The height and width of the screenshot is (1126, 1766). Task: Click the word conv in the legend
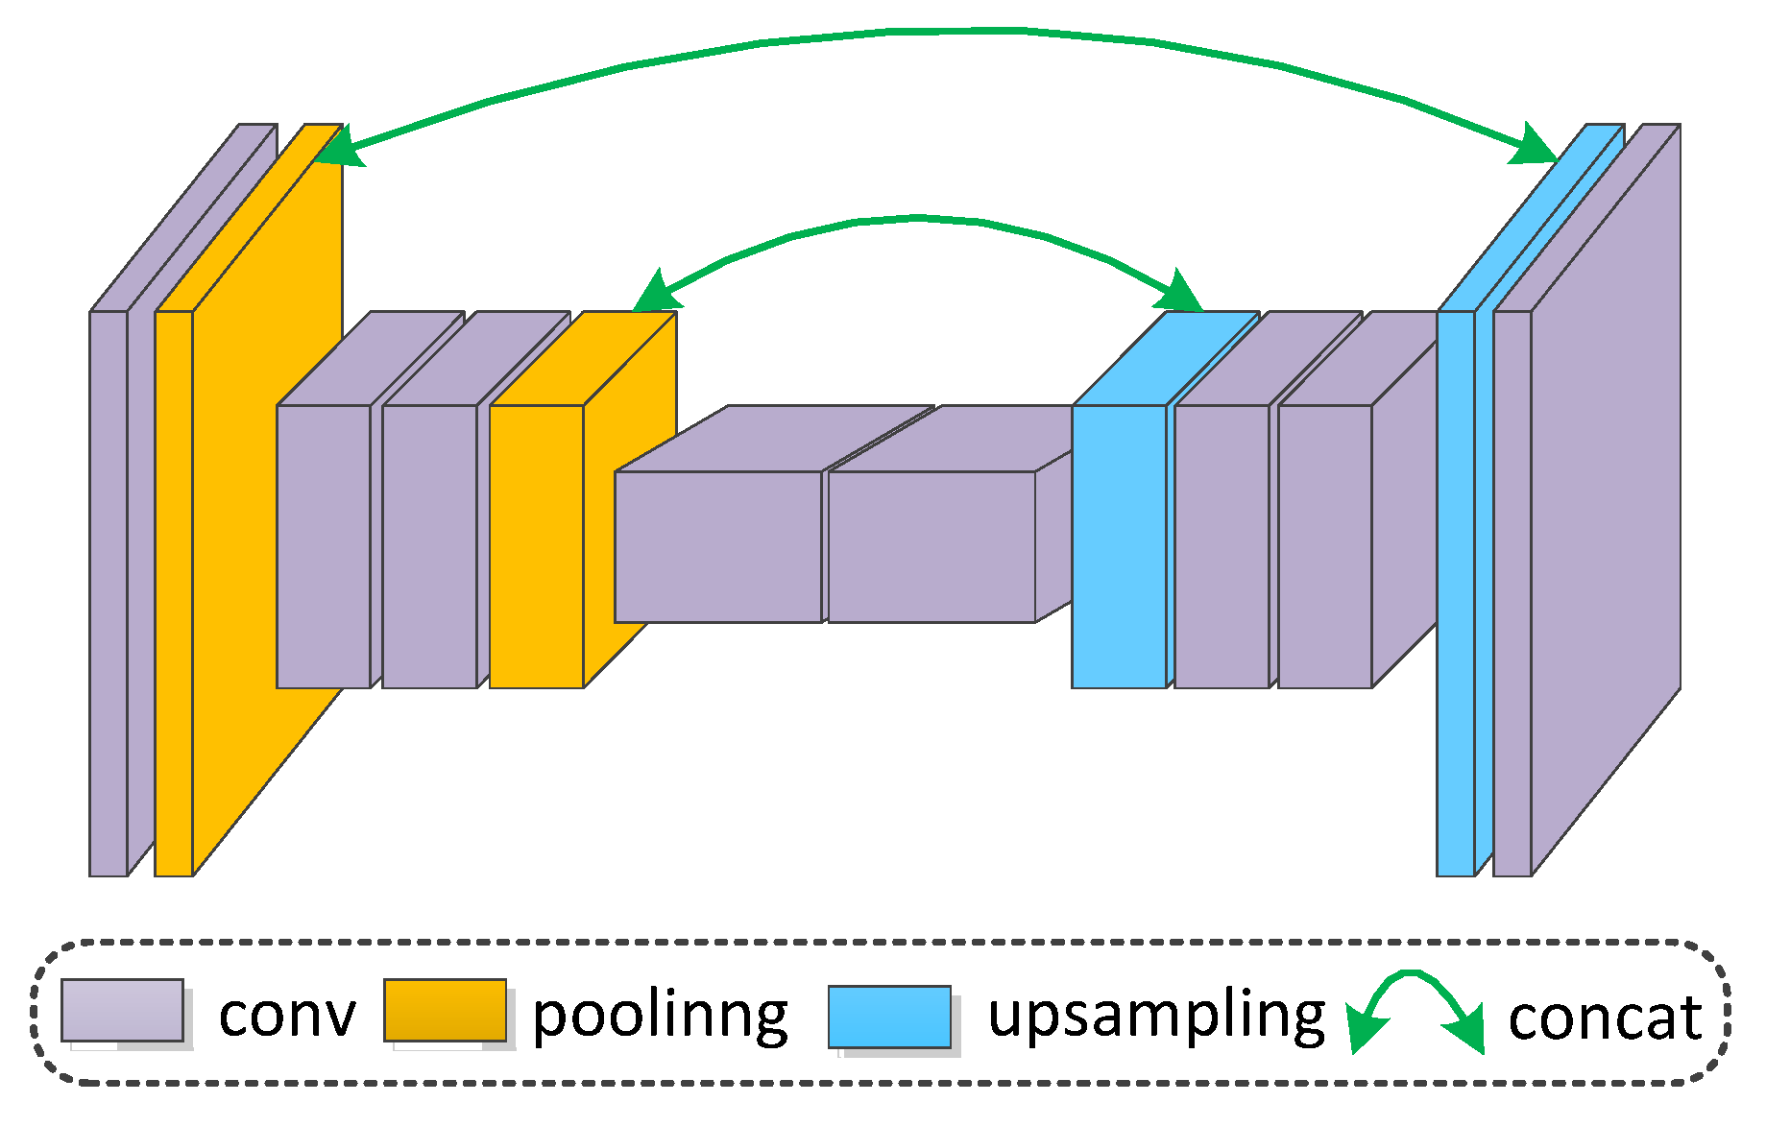click(x=286, y=1016)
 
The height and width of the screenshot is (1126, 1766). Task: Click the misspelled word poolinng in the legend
click(x=660, y=1016)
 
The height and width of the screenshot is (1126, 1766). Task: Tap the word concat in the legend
click(x=1605, y=1018)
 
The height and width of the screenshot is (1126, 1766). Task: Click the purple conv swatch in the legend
click(x=122, y=1010)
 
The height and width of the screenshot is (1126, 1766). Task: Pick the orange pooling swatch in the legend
click(x=445, y=1010)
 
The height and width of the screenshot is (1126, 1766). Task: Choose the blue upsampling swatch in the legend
click(x=889, y=1017)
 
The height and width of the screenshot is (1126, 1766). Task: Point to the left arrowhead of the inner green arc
click(x=659, y=291)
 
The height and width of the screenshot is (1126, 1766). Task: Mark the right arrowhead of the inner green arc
click(x=1183, y=291)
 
